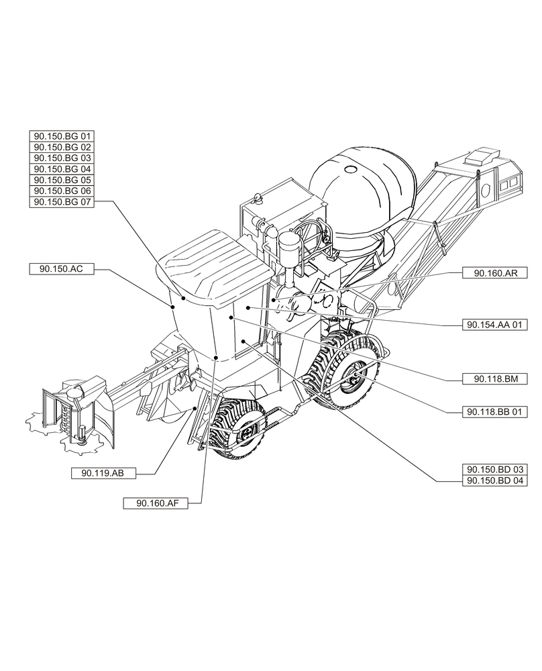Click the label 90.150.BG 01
(62, 136)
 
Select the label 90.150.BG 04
(62, 168)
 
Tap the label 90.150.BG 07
(62, 201)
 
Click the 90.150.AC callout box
(61, 268)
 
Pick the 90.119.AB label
(103, 473)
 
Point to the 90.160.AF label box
(156, 503)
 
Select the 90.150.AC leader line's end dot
(173, 306)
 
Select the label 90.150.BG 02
(62, 146)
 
